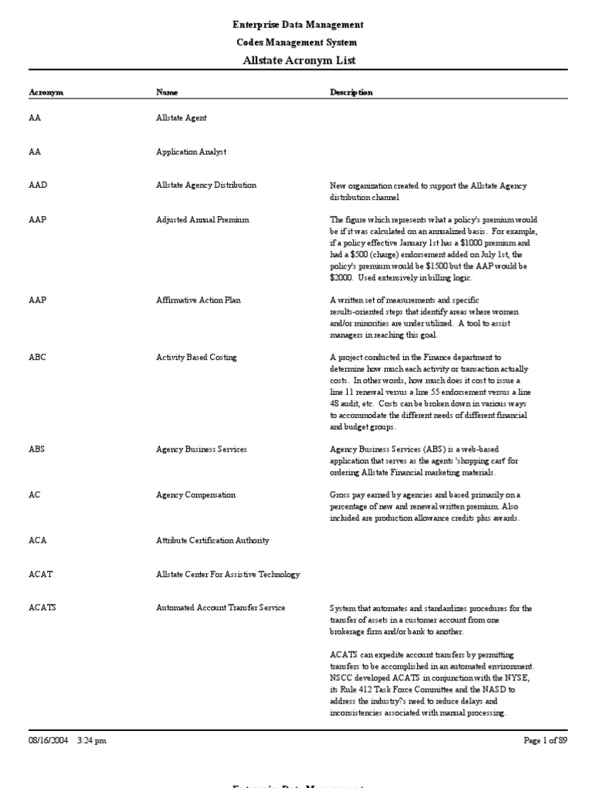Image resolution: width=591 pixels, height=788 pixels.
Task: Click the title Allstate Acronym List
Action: (299, 60)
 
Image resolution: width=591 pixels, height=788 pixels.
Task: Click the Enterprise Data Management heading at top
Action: (299, 25)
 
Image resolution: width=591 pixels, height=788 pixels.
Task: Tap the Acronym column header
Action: (45, 92)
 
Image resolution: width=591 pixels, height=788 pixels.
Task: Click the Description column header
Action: (352, 92)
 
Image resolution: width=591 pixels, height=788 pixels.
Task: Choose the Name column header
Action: (167, 92)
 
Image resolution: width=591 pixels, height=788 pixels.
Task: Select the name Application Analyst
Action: (191, 152)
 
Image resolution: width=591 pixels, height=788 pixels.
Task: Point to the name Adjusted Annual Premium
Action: (202, 220)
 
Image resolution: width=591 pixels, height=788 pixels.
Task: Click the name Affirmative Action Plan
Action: (198, 300)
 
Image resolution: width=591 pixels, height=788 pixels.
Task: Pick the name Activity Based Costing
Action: (196, 358)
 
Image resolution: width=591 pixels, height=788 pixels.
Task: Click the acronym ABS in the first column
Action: (36, 449)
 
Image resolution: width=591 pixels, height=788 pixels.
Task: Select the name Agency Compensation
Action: (195, 495)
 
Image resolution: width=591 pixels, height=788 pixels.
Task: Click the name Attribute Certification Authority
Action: (212, 540)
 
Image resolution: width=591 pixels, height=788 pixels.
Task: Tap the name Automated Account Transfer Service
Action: (220, 608)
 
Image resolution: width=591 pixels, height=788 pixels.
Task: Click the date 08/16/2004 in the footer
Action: (48, 740)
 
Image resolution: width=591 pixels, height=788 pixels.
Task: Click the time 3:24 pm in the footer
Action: (92, 740)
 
